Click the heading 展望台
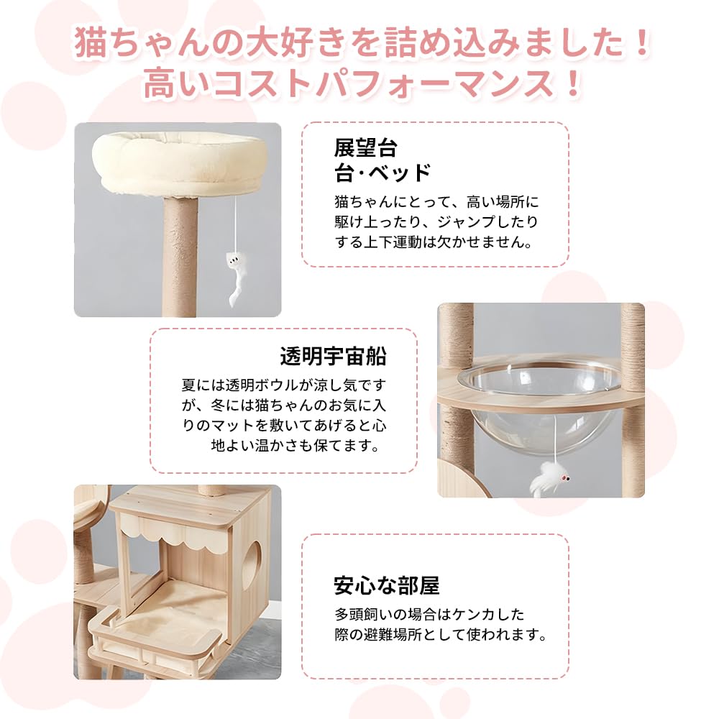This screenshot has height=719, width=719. coord(365,147)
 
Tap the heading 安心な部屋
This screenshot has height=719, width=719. coord(386,585)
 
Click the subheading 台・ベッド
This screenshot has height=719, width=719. coord(382,173)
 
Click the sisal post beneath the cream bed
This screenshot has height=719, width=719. coord(179,259)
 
